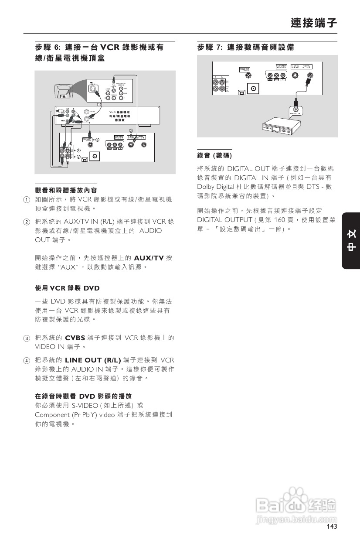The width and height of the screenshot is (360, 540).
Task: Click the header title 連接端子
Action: click(314, 23)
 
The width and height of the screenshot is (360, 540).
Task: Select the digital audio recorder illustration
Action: click(280, 126)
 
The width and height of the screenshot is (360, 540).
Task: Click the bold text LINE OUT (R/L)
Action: click(92, 360)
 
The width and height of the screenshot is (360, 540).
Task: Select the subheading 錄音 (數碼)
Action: click(214, 155)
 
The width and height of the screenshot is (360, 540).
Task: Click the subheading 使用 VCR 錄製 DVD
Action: click(67, 288)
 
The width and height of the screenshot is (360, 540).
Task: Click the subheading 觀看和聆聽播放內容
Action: click(65, 190)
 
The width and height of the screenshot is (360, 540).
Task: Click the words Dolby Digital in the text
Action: click(216, 187)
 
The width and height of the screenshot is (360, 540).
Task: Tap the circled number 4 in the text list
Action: click(26, 360)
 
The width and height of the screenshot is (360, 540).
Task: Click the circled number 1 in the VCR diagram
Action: click(99, 104)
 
